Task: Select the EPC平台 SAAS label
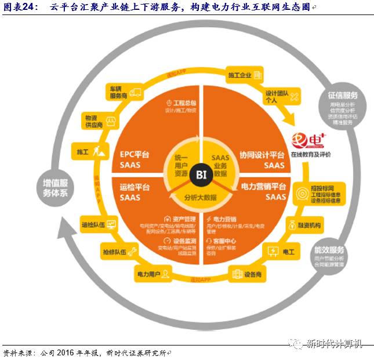(135, 159)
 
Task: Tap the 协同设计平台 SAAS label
(262, 159)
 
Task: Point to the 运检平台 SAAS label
(135, 192)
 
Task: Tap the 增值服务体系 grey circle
(56, 187)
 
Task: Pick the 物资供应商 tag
(95, 121)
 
